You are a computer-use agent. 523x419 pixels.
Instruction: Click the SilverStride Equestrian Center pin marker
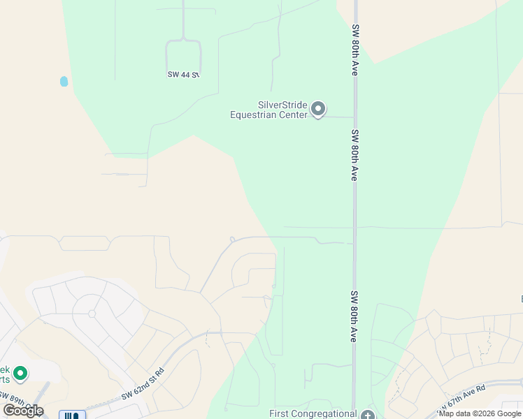tap(318, 109)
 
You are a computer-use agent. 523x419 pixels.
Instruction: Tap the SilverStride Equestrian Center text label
tap(268, 110)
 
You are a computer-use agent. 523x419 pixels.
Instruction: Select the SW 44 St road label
tap(183, 74)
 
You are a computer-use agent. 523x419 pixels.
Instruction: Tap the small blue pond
tap(64, 81)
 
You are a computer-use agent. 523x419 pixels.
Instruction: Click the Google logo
tap(23, 410)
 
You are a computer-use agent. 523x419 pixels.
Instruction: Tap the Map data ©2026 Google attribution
tap(480, 413)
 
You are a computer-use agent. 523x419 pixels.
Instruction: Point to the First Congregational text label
tap(313, 413)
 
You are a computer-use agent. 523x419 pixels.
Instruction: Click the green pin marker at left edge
tap(20, 374)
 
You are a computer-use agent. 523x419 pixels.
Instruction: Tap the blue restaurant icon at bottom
tap(72, 415)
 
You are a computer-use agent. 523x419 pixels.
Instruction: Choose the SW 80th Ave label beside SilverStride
tap(354, 155)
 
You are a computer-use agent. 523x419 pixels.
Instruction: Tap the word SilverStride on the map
tap(282, 105)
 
